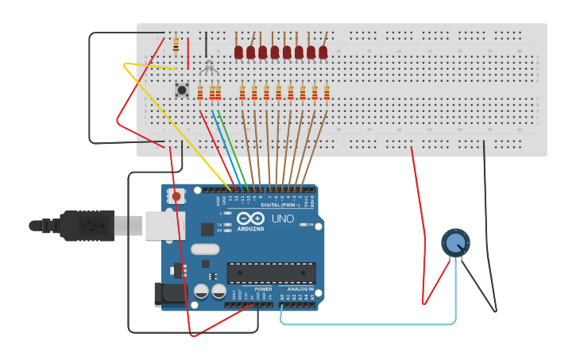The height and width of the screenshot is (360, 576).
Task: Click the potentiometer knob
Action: coord(454,242)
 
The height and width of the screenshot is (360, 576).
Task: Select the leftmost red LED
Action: coord(238,52)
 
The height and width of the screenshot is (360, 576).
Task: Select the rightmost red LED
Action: coord(323,52)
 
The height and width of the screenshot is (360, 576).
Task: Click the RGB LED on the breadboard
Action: coord(208,67)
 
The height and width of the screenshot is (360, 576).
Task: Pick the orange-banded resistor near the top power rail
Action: coord(176,45)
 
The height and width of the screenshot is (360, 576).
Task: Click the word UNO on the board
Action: coord(283,219)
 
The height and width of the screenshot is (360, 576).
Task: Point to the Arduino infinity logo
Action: coord(250,219)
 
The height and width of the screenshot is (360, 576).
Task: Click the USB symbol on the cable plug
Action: coord(93,226)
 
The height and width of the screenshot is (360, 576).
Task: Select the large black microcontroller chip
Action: coord(271,273)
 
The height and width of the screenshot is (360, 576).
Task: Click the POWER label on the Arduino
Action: coord(263,289)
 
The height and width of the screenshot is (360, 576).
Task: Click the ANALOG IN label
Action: coord(300,289)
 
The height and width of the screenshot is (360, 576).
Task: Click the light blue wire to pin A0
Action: coord(365,323)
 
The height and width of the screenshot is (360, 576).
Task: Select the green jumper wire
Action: coord(227,147)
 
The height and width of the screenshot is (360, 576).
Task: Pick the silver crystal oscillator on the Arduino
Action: coord(205,249)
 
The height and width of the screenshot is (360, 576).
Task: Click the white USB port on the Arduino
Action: coord(164,226)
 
